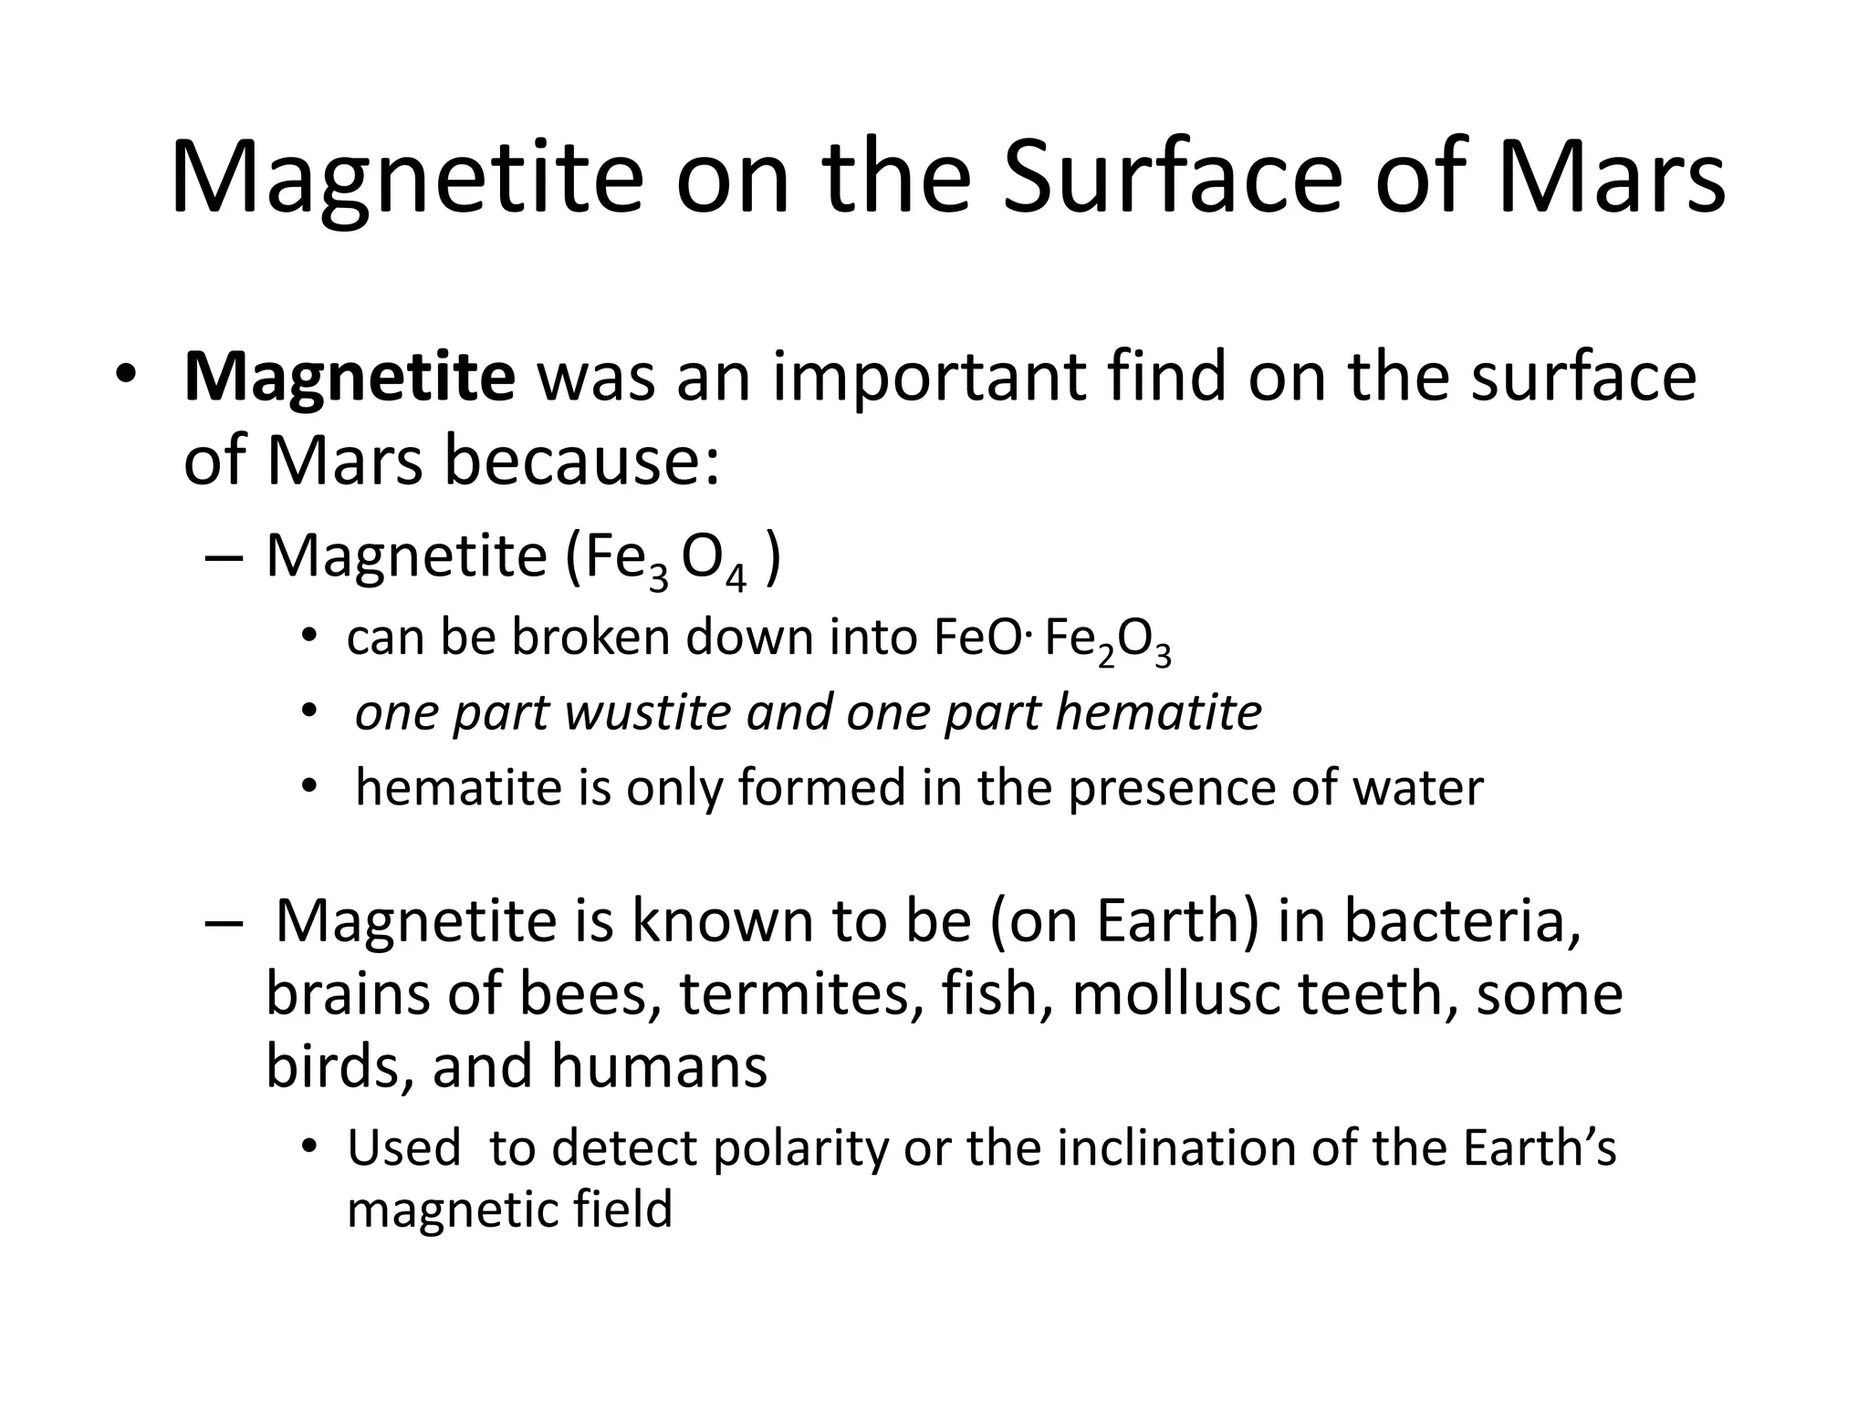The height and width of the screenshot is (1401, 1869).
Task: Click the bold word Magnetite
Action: pyautogui.click(x=350, y=377)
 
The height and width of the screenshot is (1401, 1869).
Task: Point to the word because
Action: pyautogui.click(x=582, y=461)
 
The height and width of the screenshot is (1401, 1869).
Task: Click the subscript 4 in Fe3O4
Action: pyautogui.click(x=736, y=578)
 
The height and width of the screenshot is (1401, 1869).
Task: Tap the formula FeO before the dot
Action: pyautogui.click(x=977, y=637)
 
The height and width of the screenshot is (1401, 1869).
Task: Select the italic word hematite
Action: pyautogui.click(x=1158, y=712)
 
